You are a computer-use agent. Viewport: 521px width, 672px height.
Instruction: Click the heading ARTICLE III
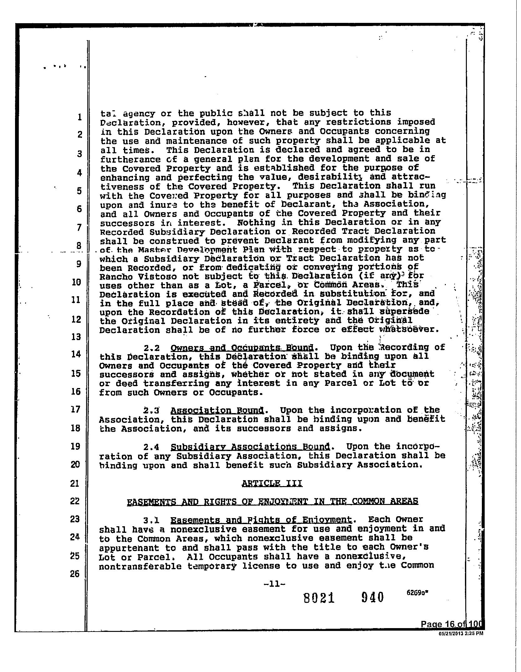272,483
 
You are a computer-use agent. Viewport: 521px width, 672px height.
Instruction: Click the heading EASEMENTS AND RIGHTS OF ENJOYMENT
272,502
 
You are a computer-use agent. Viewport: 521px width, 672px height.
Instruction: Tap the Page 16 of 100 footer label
452,624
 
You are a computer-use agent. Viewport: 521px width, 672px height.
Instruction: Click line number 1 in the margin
80,117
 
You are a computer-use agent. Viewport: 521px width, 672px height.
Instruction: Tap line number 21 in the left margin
75,484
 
